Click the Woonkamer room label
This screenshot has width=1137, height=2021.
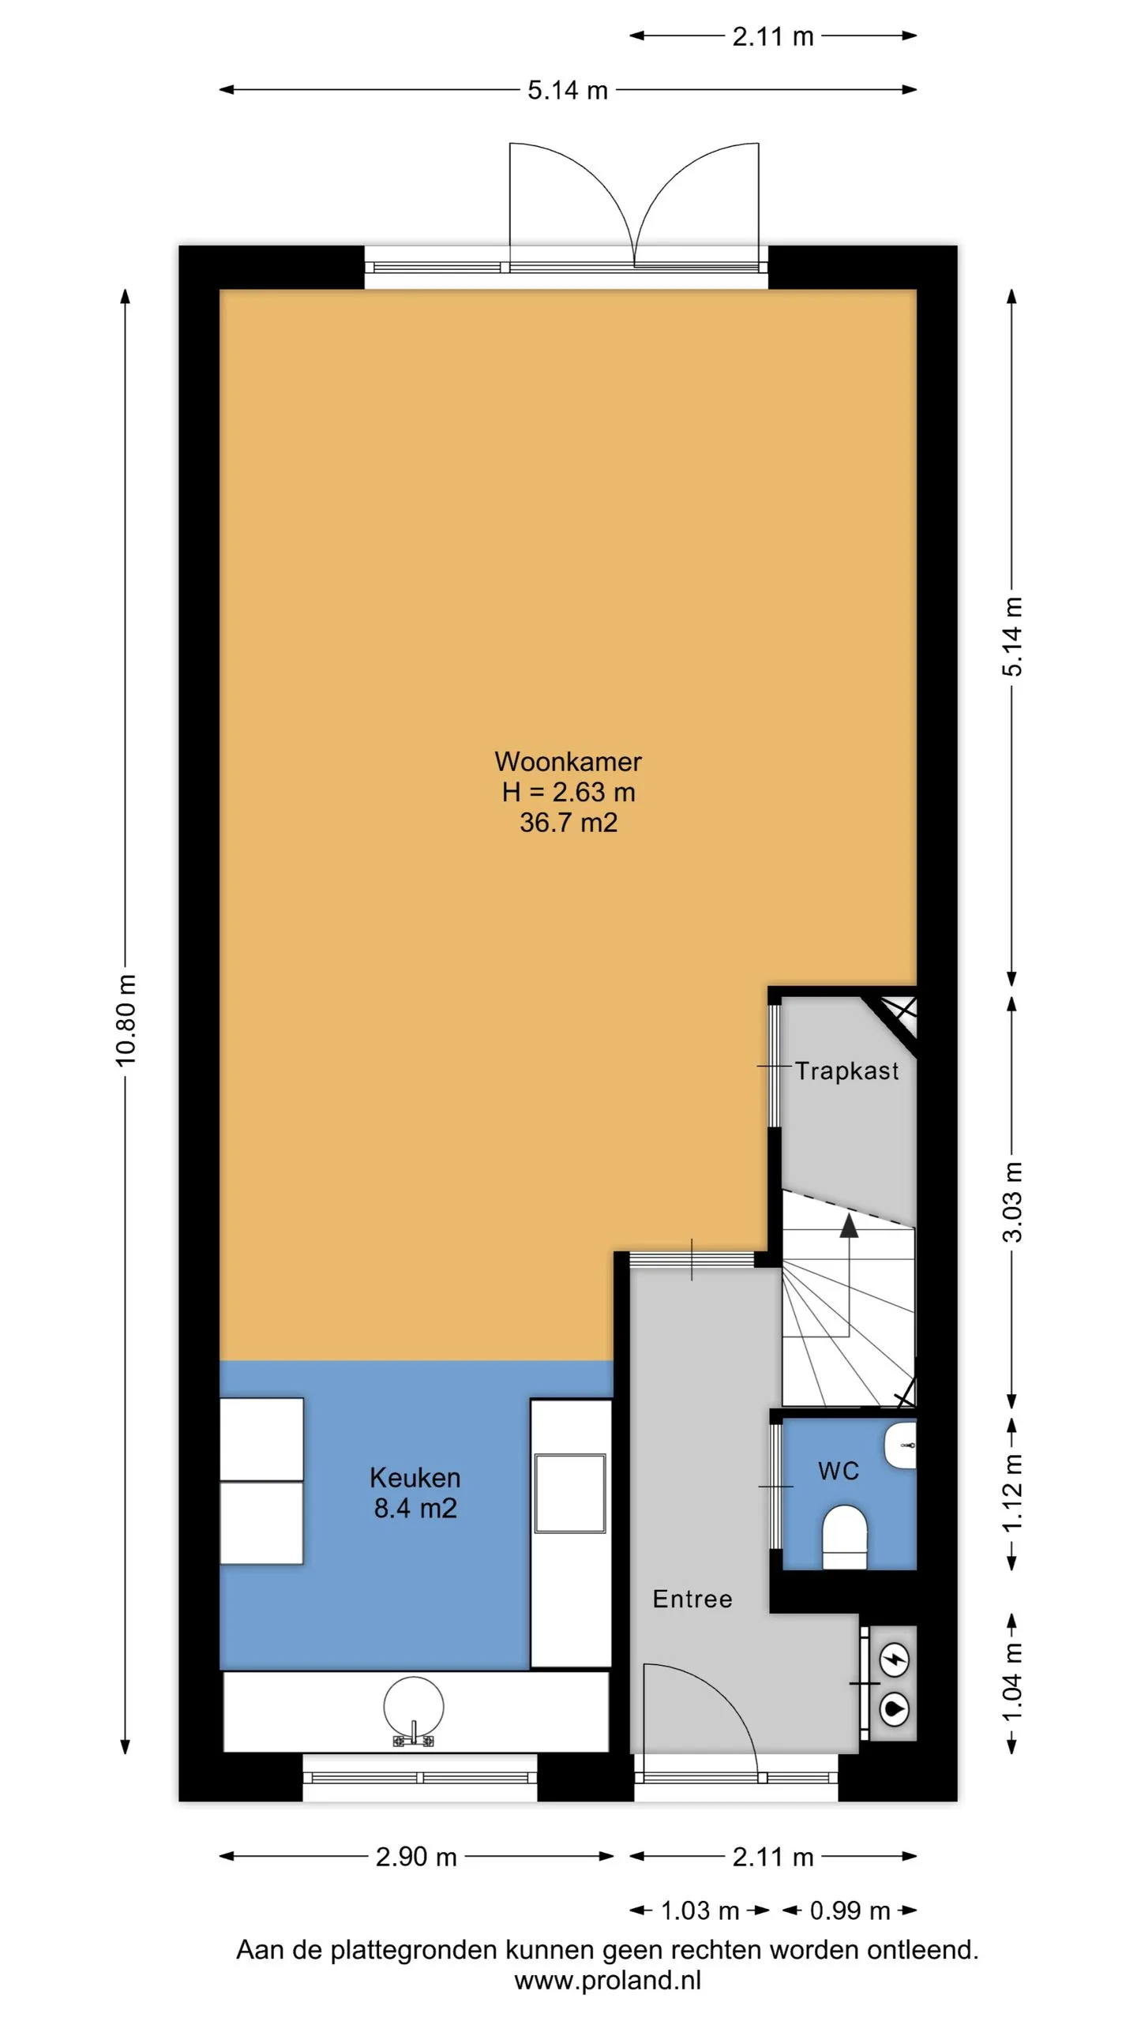[568, 762]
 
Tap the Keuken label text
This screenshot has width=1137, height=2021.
[415, 1478]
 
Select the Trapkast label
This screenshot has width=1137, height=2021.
[846, 1071]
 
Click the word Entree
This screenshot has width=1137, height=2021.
[692, 1599]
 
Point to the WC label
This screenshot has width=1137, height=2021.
[839, 1472]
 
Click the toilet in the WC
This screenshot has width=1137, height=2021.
[844, 1537]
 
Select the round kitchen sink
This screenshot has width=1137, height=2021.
[414, 1708]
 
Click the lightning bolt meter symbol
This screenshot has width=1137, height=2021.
[895, 1660]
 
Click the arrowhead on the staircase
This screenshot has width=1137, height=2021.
[849, 1226]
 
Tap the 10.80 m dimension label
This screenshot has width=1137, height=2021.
[126, 1020]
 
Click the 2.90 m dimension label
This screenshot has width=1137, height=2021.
[416, 1857]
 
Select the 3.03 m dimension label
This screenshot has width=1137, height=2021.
[1012, 1202]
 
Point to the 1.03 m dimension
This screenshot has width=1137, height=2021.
[700, 1910]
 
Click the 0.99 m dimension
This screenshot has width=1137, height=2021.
[850, 1910]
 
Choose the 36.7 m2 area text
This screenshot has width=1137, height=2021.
[568, 823]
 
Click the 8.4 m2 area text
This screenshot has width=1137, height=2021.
[415, 1509]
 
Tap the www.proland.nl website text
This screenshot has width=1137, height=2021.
[607, 1980]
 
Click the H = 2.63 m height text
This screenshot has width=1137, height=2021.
[568, 792]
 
